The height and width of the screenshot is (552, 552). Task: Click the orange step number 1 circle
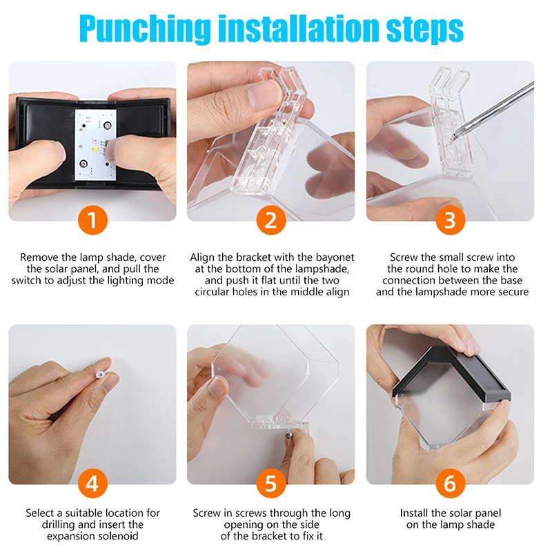click(92, 220)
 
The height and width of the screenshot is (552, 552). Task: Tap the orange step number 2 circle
click(271, 220)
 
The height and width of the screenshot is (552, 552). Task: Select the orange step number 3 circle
click(451, 220)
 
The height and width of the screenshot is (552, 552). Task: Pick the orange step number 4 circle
click(92, 484)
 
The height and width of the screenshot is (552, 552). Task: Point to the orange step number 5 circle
click(271, 484)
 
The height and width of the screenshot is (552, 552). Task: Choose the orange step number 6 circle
click(451, 484)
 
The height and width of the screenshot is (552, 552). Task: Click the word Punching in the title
click(145, 29)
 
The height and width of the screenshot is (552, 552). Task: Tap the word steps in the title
click(425, 30)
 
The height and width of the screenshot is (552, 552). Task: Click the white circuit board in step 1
click(95, 144)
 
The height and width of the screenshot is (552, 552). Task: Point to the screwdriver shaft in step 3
click(493, 109)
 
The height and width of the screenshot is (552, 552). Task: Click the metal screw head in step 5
click(288, 435)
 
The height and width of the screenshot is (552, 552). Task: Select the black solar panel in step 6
click(452, 375)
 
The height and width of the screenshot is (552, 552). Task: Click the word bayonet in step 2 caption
click(335, 257)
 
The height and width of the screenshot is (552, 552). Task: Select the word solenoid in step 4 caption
click(117, 536)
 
